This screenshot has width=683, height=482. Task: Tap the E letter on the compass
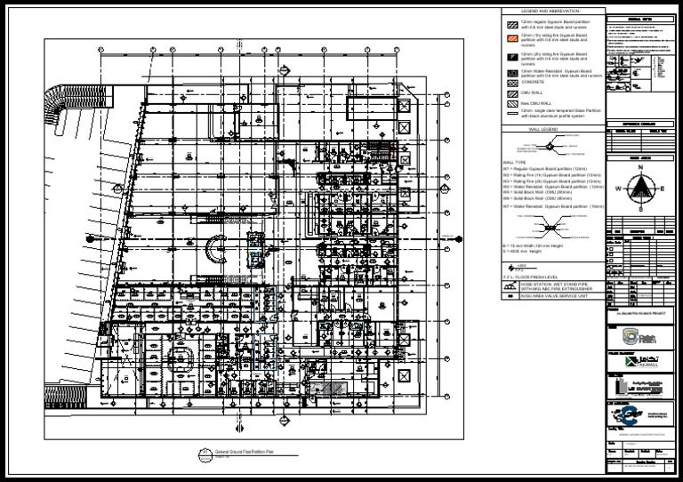click(x=661, y=189)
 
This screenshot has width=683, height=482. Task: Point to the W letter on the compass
click(x=621, y=189)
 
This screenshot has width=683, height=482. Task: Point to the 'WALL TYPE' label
click(x=515, y=163)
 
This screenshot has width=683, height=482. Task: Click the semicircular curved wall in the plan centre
click(x=216, y=247)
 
